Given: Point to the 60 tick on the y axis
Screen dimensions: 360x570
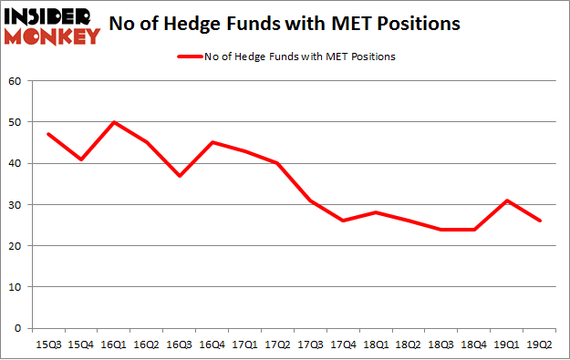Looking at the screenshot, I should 16,81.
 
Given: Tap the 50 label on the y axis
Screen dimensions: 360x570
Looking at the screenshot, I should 16,122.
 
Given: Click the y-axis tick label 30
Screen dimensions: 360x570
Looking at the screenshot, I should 16,205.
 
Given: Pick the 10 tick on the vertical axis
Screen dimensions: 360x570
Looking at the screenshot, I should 16,287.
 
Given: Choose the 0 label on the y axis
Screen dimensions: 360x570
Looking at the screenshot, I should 19,328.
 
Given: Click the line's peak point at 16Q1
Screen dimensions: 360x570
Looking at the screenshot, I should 115,122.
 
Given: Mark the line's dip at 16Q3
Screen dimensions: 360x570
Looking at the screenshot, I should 181,176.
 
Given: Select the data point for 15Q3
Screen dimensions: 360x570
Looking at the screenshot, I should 48,134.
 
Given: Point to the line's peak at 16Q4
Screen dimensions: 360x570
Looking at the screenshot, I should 213,142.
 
